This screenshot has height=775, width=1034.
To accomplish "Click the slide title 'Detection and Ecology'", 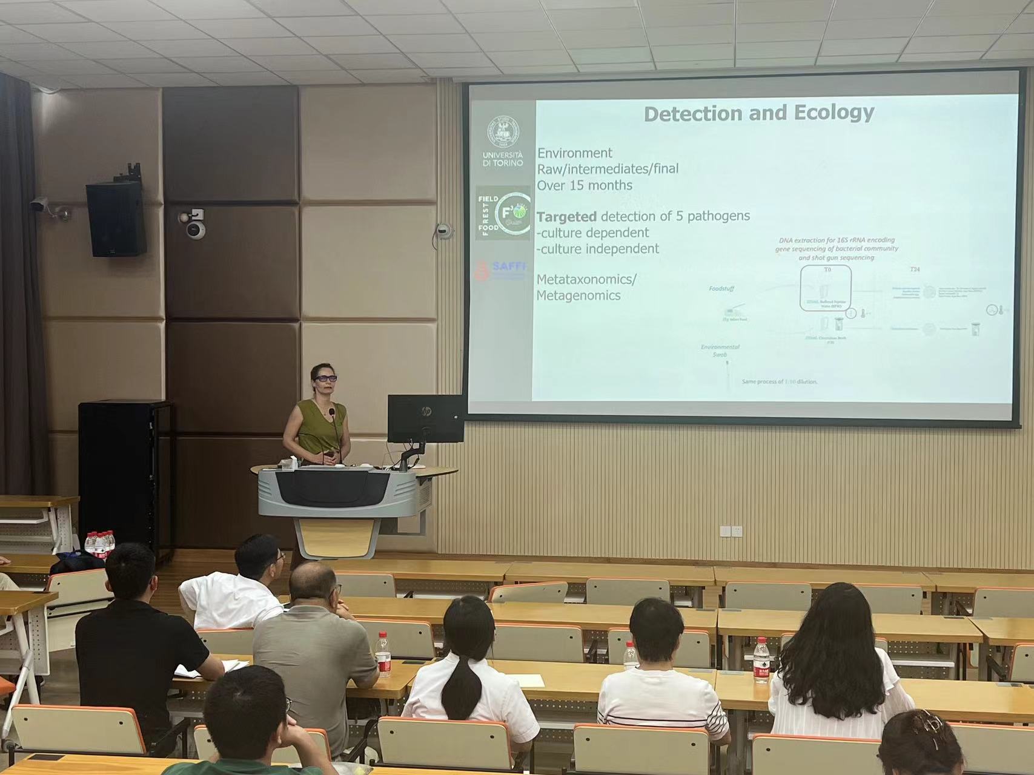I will tap(758, 113).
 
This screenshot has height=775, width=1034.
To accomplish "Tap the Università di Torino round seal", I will tap(503, 133).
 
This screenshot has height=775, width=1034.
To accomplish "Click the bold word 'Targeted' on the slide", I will tap(566, 217).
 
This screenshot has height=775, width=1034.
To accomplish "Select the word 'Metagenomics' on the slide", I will tap(578, 295).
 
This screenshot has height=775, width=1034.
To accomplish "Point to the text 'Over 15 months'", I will tap(585, 185).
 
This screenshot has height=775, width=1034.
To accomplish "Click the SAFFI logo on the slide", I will tap(501, 270).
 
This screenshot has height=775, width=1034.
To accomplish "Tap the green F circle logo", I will tap(512, 213).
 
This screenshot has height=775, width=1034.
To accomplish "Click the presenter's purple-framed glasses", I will tap(325, 378).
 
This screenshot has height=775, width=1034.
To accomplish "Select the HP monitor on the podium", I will tap(425, 419).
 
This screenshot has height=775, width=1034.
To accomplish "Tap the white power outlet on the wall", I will tap(732, 531).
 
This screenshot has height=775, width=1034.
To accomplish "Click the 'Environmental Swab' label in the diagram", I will tap(720, 351).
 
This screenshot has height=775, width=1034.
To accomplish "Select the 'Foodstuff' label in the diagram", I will tap(721, 289).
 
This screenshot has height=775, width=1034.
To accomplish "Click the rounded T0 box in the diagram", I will tap(826, 288).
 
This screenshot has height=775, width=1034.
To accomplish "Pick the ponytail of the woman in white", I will tap(465, 684).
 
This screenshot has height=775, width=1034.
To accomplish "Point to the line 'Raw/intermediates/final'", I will tap(608, 169).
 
